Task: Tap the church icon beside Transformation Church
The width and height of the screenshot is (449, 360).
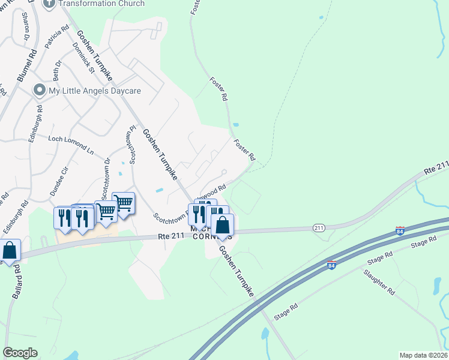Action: tap(49, 3)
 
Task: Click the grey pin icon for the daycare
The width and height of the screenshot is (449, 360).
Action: tap(40, 91)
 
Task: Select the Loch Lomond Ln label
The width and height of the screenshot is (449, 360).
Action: tap(71, 145)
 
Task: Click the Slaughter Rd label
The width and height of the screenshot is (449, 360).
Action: tap(379, 282)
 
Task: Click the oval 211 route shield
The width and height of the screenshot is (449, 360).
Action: tap(319, 227)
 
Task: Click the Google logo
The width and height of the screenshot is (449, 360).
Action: tap(20, 353)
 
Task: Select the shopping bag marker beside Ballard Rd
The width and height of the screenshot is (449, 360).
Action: tap(10, 251)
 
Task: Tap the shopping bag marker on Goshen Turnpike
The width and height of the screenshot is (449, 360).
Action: tap(222, 226)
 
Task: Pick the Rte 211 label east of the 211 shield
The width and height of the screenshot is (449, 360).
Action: tap(436, 167)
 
